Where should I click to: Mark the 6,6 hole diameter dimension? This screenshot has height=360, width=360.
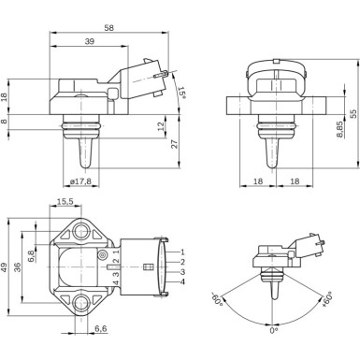click(x=100, y=327)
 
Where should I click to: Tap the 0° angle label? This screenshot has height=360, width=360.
click(x=272, y=330)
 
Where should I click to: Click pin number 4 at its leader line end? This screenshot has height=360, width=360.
click(x=182, y=282)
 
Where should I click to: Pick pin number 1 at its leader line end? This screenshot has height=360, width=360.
click(x=182, y=252)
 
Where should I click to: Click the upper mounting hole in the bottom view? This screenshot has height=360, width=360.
click(x=79, y=228)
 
